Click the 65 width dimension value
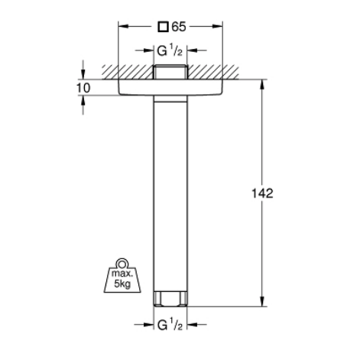(179, 27)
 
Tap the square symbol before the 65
(161, 27)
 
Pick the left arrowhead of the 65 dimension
(121, 27)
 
